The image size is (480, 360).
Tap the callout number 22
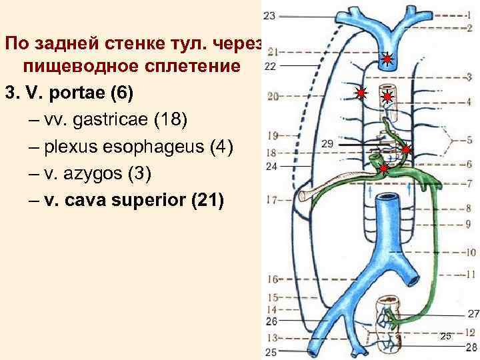point(270,66)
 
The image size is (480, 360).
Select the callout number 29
point(327,143)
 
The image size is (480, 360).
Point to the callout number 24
point(271,167)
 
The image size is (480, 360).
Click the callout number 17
point(271,199)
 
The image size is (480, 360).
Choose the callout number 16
point(272,279)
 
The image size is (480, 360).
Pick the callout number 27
point(473,313)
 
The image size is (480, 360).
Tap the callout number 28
point(472,347)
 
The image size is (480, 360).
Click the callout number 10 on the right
point(471,253)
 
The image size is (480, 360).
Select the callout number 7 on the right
point(469,183)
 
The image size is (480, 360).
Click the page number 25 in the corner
point(446,336)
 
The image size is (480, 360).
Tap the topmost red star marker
point(387,61)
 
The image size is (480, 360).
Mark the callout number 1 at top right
point(469,15)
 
